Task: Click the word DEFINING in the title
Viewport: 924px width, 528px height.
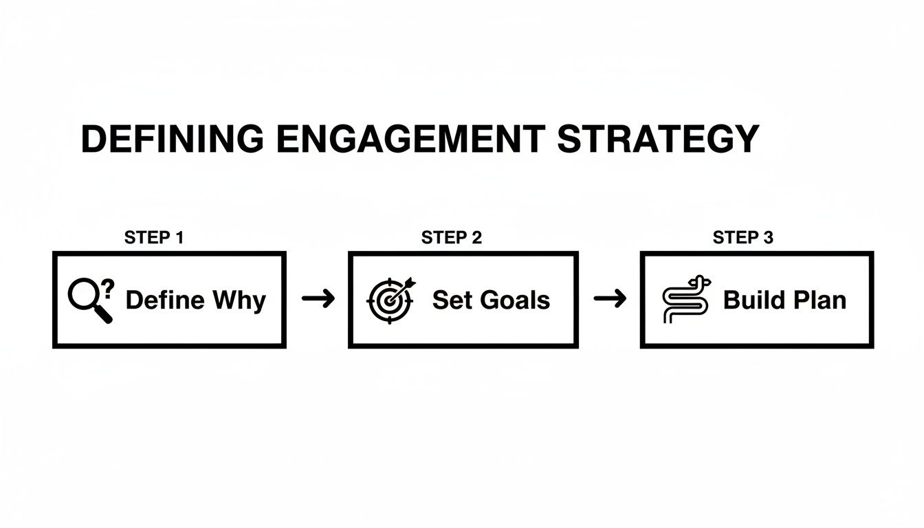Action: click(172, 139)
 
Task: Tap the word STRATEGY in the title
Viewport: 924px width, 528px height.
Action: click(658, 139)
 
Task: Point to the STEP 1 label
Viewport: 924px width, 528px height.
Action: click(154, 238)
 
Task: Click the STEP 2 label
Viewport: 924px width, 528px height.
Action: click(452, 238)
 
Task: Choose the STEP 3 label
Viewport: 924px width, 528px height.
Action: click(743, 238)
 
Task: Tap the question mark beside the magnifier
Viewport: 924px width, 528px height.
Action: click(109, 287)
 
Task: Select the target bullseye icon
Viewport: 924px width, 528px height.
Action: click(389, 300)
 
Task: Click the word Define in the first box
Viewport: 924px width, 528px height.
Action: click(165, 300)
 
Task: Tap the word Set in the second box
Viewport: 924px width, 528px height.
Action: click(450, 300)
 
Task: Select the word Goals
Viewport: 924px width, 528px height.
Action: click(512, 300)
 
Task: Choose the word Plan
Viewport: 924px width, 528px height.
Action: click(819, 300)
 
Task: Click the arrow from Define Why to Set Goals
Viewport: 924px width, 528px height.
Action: click(318, 298)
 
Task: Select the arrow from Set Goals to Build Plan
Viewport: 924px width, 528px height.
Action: click(610, 298)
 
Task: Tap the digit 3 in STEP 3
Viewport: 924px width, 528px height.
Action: click(768, 238)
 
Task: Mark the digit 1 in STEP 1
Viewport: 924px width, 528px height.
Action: click(179, 238)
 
